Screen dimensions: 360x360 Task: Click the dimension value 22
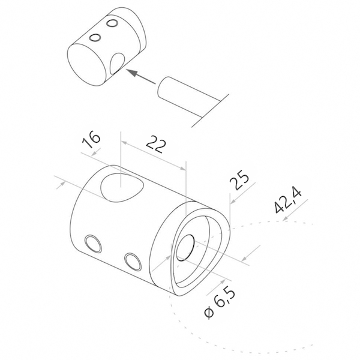tap(155, 144)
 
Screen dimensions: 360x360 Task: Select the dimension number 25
tap(239, 181)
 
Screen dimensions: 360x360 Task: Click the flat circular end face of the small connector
tap(87, 65)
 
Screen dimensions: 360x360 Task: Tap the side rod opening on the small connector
tap(117, 64)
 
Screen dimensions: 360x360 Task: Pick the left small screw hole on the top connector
tap(95, 38)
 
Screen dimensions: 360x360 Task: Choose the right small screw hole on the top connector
tap(112, 23)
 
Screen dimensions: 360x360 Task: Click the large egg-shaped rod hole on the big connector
tap(122, 188)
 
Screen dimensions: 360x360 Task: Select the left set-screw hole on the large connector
tap(93, 244)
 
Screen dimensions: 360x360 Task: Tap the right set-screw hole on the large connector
tap(133, 262)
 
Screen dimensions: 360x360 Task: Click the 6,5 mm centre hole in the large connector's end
tap(185, 248)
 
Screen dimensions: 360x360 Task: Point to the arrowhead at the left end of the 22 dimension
tap(124, 143)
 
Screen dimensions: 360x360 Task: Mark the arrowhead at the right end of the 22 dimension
tap(182, 169)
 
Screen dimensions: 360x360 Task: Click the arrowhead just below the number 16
tap(95, 153)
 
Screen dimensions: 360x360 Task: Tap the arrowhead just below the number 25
tap(233, 201)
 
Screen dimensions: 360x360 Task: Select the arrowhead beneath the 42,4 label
tap(286, 219)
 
